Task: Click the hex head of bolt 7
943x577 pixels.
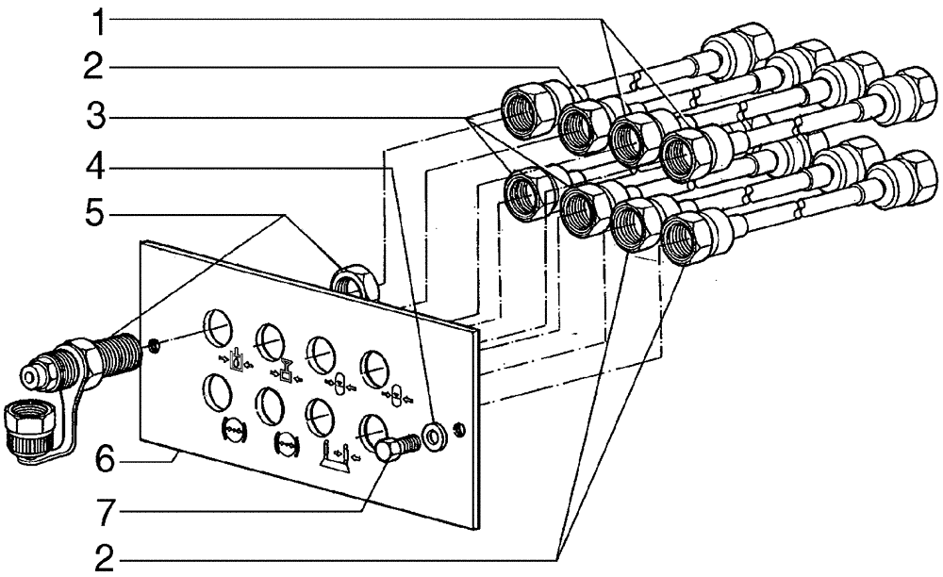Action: (386, 450)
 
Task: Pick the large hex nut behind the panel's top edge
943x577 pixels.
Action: (355, 281)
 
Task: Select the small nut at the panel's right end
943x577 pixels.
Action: (458, 429)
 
